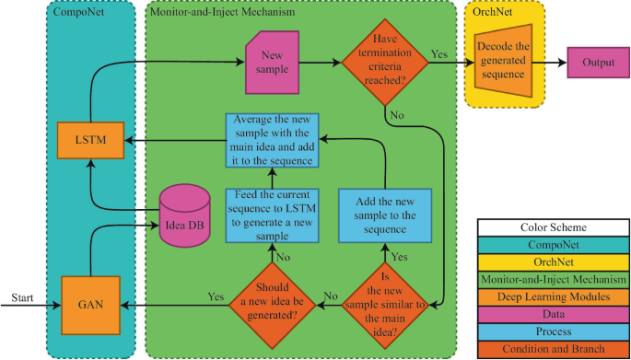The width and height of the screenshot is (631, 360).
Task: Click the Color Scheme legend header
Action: (x=553, y=227)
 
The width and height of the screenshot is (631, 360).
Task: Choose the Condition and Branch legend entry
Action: (x=553, y=348)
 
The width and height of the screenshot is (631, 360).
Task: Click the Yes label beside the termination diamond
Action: (x=440, y=53)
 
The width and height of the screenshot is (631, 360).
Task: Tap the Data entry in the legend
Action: (x=553, y=313)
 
